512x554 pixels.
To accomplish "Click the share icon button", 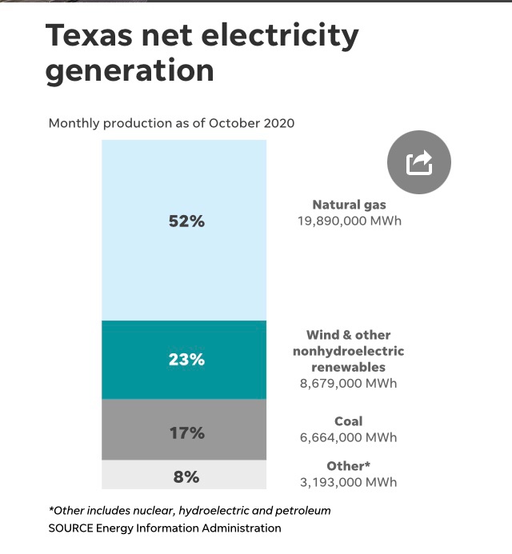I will tap(419, 162).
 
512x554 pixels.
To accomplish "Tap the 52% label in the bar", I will tap(186, 221).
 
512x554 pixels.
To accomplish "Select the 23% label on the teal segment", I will tap(186, 360).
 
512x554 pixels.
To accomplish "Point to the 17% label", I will tap(186, 433).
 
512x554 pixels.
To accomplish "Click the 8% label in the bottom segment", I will tap(186, 477).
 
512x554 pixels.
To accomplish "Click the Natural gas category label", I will tap(350, 205).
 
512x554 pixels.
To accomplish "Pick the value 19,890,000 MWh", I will tap(350, 221).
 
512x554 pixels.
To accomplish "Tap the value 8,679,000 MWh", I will tap(350, 384).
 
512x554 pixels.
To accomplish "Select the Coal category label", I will tap(349, 421).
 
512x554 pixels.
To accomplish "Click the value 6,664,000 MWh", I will tap(350, 437).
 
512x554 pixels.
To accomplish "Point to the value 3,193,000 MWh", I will tap(350, 482).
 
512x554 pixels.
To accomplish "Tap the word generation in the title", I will tap(130, 71).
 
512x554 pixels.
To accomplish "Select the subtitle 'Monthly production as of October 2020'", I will tap(171, 123).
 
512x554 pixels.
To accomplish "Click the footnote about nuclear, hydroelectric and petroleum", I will tap(190, 510).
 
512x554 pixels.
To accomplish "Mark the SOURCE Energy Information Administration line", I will tap(165, 528).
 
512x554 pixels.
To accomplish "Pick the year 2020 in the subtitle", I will tap(278, 123).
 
